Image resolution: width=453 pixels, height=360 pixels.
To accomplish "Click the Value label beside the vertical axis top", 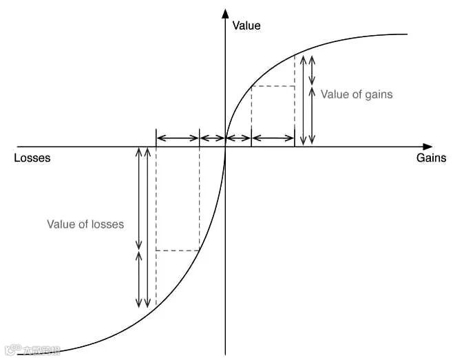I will point(246,26).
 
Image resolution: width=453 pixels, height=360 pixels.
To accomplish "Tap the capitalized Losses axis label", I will point(32,158).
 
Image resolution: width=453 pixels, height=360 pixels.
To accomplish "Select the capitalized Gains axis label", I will point(431,158).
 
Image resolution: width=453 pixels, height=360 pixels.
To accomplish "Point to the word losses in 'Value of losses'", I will point(107,224).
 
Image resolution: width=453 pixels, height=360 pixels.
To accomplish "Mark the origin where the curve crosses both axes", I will point(225,147).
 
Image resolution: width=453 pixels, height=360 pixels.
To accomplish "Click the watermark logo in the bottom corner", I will point(28,350).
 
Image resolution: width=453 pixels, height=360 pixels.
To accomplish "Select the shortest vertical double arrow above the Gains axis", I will point(313,70).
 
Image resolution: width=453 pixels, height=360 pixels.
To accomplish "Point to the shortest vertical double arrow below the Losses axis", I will point(139,279).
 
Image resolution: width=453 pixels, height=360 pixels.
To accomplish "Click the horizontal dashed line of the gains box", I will point(273,86).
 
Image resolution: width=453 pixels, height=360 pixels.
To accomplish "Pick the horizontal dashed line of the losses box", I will point(178,251).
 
